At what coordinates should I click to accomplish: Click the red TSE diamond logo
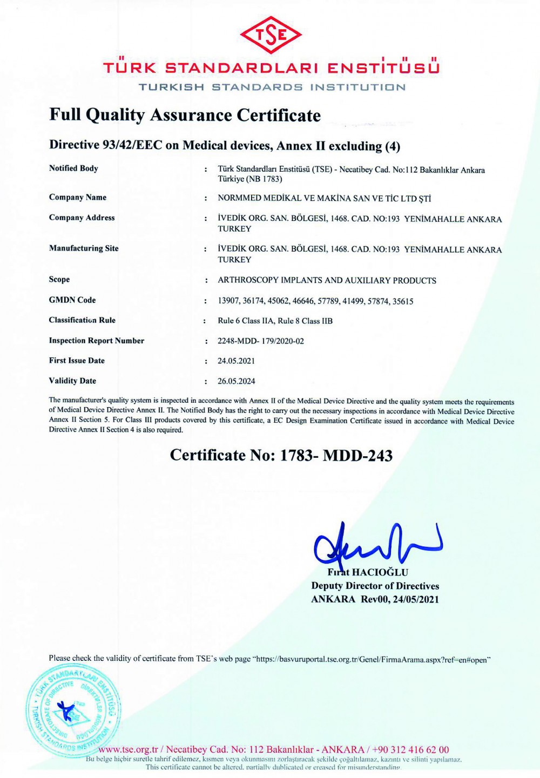click(271, 35)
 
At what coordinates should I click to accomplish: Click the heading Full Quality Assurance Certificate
click(185, 115)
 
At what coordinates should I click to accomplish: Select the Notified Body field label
click(73, 168)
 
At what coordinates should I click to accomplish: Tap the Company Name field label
click(78, 198)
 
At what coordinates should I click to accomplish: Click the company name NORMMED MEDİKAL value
click(324, 198)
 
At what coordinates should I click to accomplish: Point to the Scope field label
click(59, 280)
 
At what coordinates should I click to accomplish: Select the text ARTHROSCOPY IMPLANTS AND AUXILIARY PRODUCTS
click(327, 281)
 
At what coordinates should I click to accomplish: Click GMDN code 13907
click(228, 301)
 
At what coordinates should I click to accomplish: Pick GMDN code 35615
click(402, 301)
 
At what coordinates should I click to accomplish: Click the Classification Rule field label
click(82, 320)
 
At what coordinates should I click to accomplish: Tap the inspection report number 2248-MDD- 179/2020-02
click(260, 341)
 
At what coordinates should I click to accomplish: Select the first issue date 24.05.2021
click(236, 361)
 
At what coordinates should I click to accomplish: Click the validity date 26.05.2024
click(236, 381)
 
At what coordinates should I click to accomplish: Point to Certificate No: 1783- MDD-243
click(281, 455)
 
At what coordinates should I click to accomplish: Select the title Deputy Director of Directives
click(375, 586)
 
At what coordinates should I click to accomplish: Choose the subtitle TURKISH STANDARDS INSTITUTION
click(272, 87)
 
